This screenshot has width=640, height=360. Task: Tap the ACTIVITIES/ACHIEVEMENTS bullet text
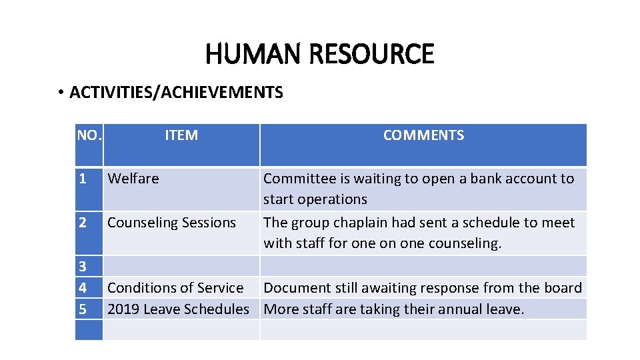click(x=176, y=93)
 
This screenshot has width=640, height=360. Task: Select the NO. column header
click(x=89, y=135)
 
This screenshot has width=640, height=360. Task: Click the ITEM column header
click(x=181, y=135)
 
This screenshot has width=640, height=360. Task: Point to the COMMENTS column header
click(x=423, y=135)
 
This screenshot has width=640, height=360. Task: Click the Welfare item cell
click(x=133, y=179)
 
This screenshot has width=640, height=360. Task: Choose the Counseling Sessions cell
click(x=171, y=223)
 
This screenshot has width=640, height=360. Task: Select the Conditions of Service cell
click(x=175, y=288)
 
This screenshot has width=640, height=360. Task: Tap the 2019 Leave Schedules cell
click(x=178, y=309)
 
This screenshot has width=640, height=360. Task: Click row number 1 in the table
click(x=82, y=179)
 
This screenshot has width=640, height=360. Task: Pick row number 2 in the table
click(x=82, y=223)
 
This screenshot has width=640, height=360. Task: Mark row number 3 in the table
click(x=82, y=267)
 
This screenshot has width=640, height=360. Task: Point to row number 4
click(x=82, y=288)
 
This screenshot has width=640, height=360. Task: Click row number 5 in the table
click(x=82, y=309)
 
